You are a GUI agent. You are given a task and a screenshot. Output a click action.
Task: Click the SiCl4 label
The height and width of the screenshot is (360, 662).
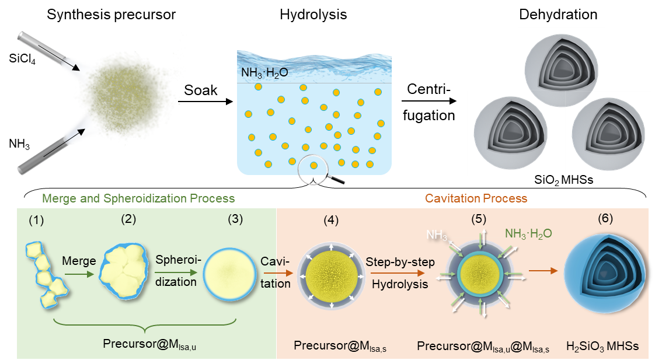22,58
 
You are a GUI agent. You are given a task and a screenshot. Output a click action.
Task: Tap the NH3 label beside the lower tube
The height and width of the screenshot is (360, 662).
19,144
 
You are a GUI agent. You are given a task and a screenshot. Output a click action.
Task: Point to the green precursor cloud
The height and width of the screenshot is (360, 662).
126,93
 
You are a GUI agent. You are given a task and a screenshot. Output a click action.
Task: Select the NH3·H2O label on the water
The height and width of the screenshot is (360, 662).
264,74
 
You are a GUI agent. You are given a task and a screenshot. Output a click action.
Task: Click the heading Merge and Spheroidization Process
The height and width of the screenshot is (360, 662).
139,198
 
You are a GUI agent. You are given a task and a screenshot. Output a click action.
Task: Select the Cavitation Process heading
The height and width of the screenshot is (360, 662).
476,198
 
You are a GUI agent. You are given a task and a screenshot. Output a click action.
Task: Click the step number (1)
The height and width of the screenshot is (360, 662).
37,221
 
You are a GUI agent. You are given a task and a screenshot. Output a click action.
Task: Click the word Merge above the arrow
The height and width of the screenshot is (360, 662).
79,261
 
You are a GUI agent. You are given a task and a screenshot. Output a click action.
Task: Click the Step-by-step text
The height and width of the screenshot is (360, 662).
400,262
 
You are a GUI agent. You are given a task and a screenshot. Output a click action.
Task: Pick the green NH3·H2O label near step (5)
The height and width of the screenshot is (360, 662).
528,233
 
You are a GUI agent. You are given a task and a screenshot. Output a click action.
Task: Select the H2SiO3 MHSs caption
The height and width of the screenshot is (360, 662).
602,346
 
